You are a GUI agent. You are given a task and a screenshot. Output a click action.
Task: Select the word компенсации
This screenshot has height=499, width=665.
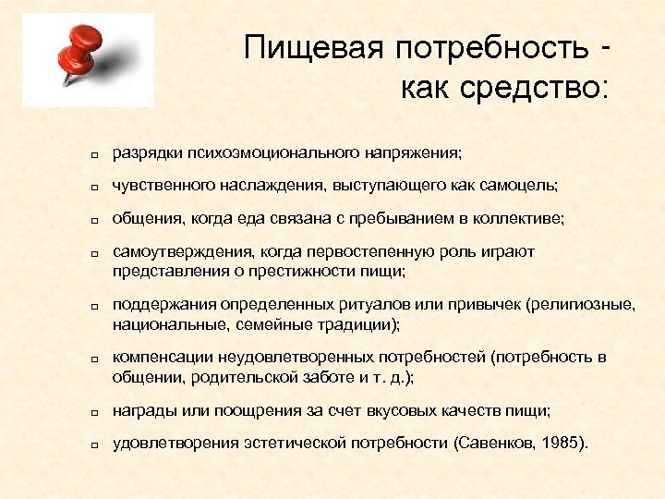tap(158, 357)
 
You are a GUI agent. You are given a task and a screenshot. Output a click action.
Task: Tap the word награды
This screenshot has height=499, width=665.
tap(142, 409)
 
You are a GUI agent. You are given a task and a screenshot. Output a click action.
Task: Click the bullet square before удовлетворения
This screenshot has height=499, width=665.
tap(94, 445)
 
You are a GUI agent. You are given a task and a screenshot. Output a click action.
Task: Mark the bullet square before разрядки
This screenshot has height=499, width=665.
tap(94, 153)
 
